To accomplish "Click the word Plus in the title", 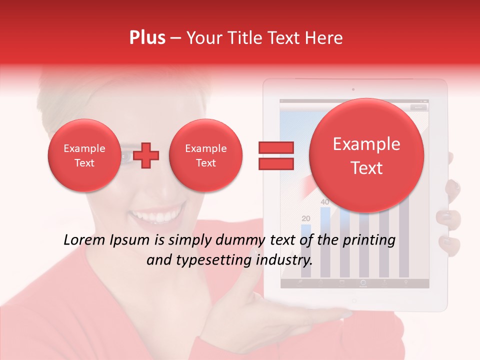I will [x=147, y=37].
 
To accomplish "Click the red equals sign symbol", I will [x=275, y=155].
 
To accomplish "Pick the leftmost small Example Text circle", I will [x=84, y=155].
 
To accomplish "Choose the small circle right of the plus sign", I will [x=205, y=155].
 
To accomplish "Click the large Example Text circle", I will [x=366, y=155].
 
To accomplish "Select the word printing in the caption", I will [x=369, y=240].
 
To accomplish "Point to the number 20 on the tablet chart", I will [x=306, y=218].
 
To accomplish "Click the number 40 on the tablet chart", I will [x=325, y=202].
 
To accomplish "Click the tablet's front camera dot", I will [x=353, y=90].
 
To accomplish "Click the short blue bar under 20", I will [x=306, y=250].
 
